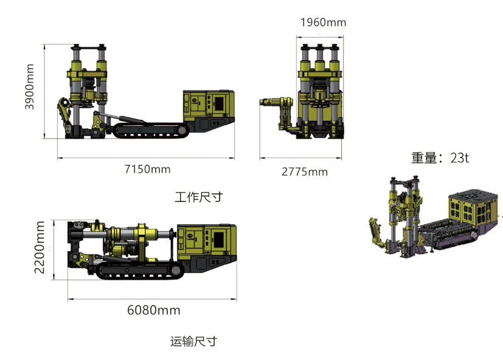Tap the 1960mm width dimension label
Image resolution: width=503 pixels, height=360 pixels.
(323, 22)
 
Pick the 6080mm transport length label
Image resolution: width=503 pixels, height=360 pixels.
(153, 310)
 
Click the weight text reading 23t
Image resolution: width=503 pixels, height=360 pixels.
(440, 157)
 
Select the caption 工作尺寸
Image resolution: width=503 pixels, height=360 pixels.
(198, 197)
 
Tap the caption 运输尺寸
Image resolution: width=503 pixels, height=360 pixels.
(193, 341)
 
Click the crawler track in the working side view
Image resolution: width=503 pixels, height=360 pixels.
(146, 130)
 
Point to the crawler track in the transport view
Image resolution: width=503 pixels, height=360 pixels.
(140, 271)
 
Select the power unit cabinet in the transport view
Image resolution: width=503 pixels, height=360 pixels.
(210, 239)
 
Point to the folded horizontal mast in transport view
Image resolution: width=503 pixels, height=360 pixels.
(128, 235)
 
